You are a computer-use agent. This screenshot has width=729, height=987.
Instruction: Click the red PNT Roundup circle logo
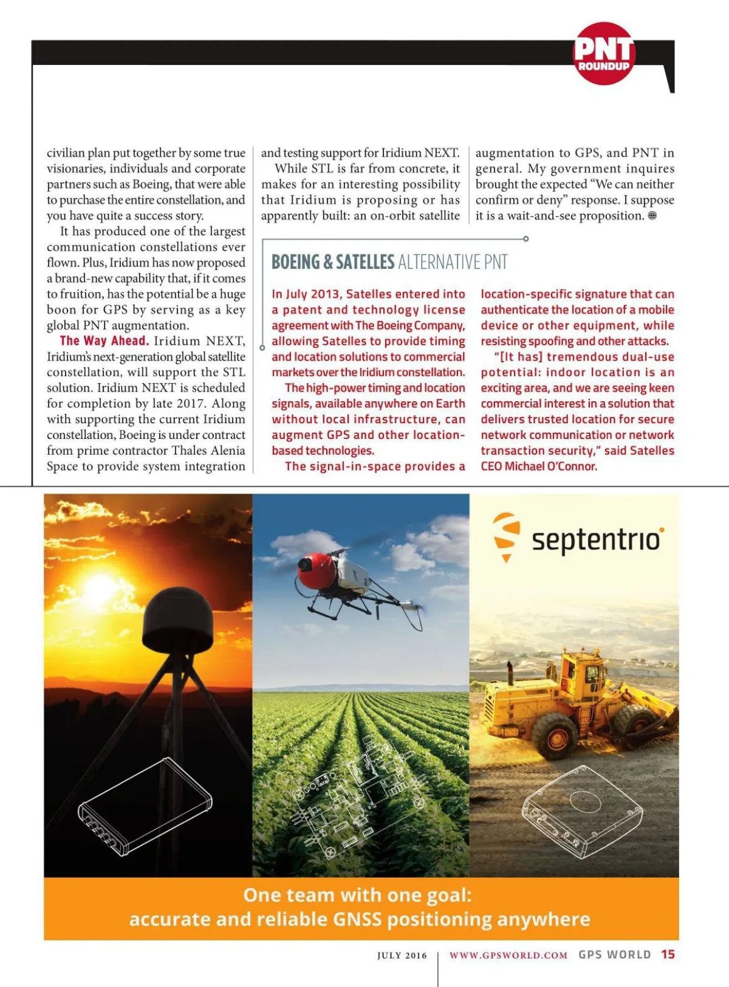pos(604,53)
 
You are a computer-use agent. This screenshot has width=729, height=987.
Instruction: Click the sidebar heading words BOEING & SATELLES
pos(333,262)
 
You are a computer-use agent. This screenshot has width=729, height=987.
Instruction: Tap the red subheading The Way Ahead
pos(104,341)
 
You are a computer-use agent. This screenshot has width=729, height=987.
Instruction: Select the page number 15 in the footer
pos(668,954)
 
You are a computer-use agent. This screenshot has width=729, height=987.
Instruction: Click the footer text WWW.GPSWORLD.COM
pos(508,955)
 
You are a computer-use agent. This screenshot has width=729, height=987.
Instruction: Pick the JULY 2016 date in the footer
pos(402,955)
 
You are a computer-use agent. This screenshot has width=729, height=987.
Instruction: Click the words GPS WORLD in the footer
pos(614,954)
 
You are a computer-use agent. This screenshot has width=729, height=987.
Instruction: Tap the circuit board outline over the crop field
pos(352,801)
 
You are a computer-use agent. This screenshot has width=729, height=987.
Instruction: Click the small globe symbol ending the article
pos(652,215)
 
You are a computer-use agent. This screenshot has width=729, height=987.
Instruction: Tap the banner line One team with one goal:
pos(357,895)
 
